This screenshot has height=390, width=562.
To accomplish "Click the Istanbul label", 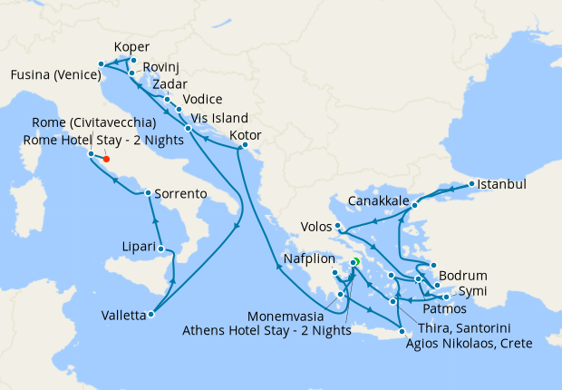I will pyautogui.click(x=501, y=184).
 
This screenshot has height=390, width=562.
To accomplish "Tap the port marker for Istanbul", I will pyautogui.click(x=470, y=185).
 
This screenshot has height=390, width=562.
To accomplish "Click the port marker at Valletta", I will pyautogui.click(x=150, y=315).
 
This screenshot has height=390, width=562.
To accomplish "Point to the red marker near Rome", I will pyautogui.click(x=106, y=159).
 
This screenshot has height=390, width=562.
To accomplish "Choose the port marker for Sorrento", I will pyautogui.click(x=148, y=193).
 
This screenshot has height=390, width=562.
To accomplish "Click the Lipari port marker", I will pyautogui.click(x=160, y=249).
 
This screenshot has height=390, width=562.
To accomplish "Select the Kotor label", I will pyautogui.click(x=246, y=135).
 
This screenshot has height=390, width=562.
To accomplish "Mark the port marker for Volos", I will pyautogui.click(x=337, y=226).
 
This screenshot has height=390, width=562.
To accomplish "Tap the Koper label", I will pyautogui.click(x=132, y=48).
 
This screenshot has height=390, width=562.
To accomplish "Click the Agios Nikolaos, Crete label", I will pyautogui.click(x=469, y=344).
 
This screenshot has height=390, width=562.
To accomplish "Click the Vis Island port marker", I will pyautogui.click(x=188, y=129).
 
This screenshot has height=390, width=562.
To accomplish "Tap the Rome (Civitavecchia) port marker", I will pyautogui.click(x=91, y=154).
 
